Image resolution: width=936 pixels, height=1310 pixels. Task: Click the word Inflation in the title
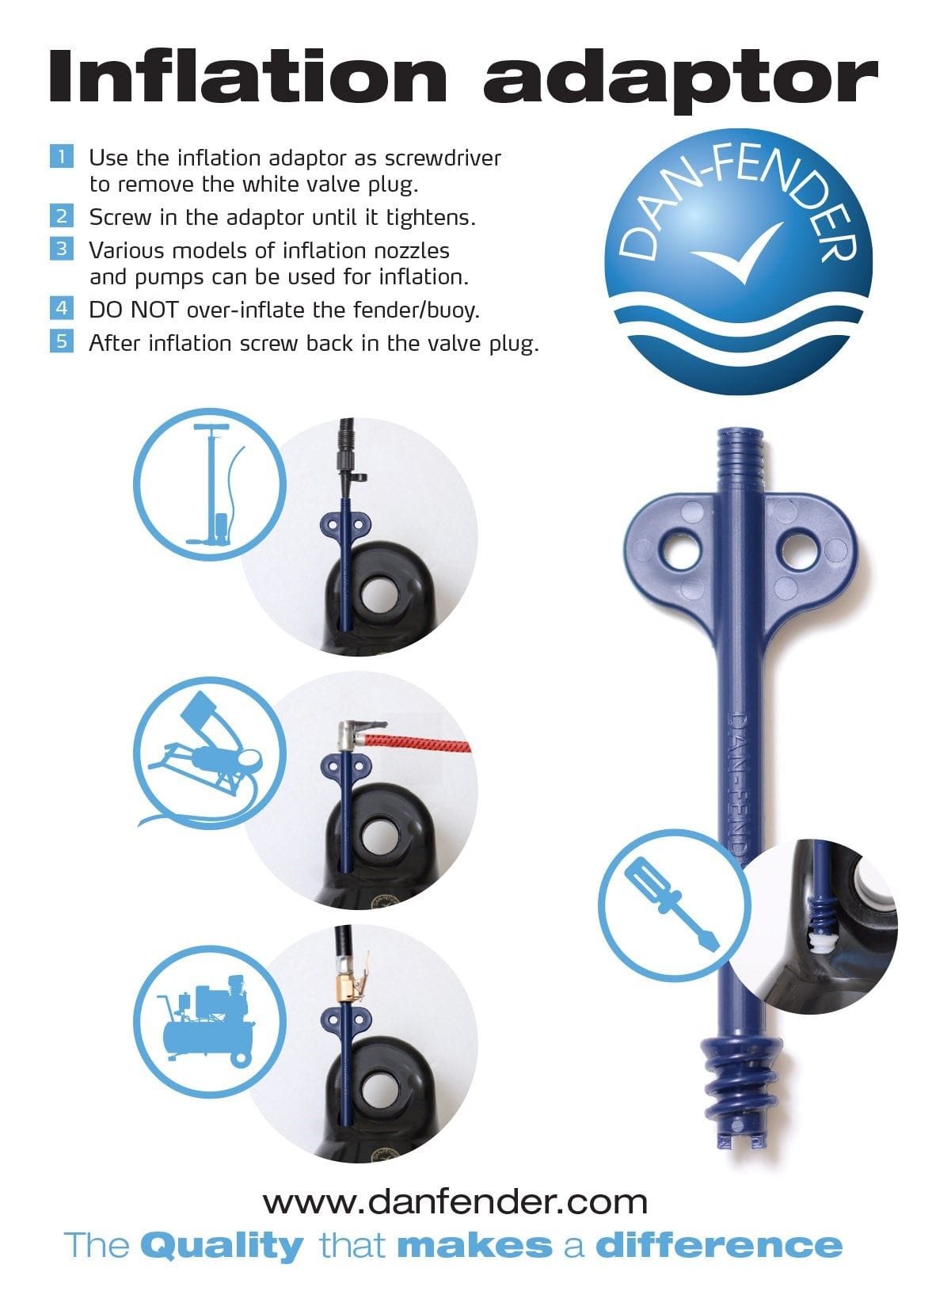tap(247, 77)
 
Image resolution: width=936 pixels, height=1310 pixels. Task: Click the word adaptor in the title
tap(680, 81)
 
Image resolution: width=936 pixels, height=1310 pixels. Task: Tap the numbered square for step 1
tap(62, 157)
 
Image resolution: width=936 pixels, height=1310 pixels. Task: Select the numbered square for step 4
tap(62, 308)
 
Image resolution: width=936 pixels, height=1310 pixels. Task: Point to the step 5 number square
tap(62, 341)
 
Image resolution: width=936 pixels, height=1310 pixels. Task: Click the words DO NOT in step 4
tap(133, 310)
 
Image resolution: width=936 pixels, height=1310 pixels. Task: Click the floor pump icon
tap(210, 484)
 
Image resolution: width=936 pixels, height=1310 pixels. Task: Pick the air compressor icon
tap(210, 1022)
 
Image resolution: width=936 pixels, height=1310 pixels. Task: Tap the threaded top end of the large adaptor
tap(740, 456)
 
